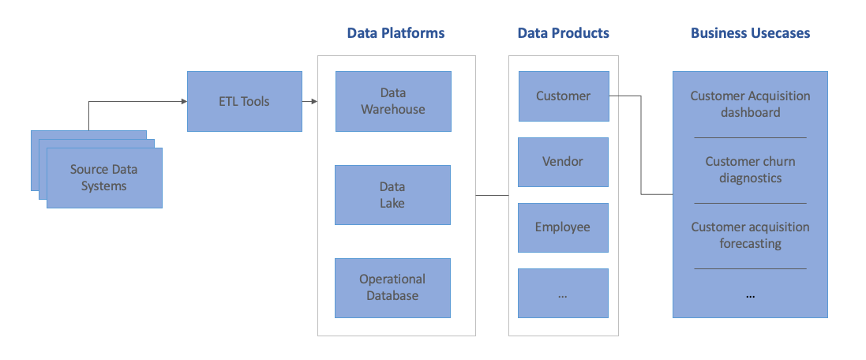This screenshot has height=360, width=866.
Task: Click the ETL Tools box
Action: [x=244, y=101]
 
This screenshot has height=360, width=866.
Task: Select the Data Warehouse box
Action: [x=393, y=101]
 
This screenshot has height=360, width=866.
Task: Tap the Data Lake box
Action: [x=392, y=195]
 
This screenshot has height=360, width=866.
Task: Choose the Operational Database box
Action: [x=392, y=288]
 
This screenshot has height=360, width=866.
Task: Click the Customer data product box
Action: [x=563, y=96]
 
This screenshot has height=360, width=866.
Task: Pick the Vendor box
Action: [x=563, y=162]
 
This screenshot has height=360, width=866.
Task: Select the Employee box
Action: [x=563, y=227]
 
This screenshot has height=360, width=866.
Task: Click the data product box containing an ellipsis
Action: [x=563, y=293]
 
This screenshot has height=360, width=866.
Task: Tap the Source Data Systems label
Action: [x=103, y=178]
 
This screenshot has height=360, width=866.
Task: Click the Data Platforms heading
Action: [x=396, y=33]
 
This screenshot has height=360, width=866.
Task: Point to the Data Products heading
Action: [x=563, y=33]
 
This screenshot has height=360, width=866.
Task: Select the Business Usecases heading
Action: [x=750, y=33]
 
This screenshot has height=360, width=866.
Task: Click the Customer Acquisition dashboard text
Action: [x=750, y=104]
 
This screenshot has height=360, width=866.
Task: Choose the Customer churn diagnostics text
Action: [x=750, y=170]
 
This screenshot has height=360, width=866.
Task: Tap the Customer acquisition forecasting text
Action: [x=750, y=235]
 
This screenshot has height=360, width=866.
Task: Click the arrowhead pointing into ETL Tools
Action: [x=182, y=101]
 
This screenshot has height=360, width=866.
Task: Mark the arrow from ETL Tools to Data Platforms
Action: [x=309, y=101]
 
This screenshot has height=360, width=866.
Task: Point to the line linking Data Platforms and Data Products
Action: [x=492, y=195]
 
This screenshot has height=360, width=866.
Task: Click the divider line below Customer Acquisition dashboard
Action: [x=750, y=137]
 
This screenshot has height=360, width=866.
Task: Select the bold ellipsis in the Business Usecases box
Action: [x=750, y=296]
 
